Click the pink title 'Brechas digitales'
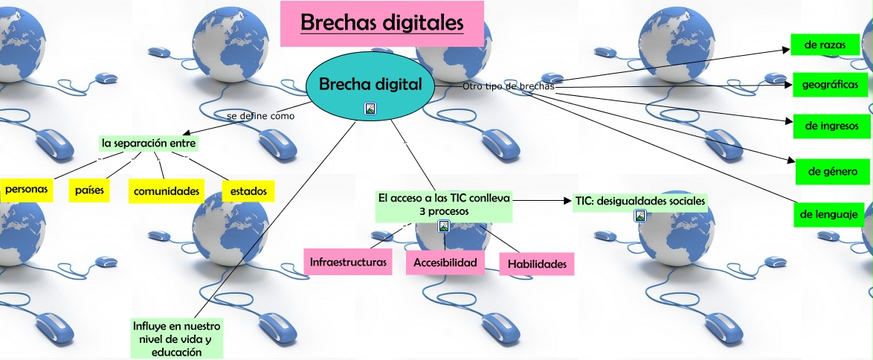click(x=381, y=24)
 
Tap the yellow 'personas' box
click(x=27, y=190)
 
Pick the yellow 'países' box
click(x=89, y=190)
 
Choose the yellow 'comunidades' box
click(x=167, y=191)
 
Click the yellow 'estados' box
click(x=248, y=191)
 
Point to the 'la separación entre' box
click(x=149, y=142)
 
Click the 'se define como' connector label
click(x=260, y=116)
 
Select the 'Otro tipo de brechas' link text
click(x=508, y=86)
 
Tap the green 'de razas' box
click(x=820, y=46)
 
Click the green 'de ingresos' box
click(x=831, y=126)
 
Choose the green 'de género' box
click(x=832, y=171)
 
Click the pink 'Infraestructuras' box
click(x=349, y=263)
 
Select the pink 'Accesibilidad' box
click(x=445, y=263)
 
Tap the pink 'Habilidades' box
click(x=536, y=263)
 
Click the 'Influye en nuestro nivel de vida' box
click(x=176, y=338)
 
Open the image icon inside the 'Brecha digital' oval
click(x=370, y=109)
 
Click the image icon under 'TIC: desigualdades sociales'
click(x=640, y=216)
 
